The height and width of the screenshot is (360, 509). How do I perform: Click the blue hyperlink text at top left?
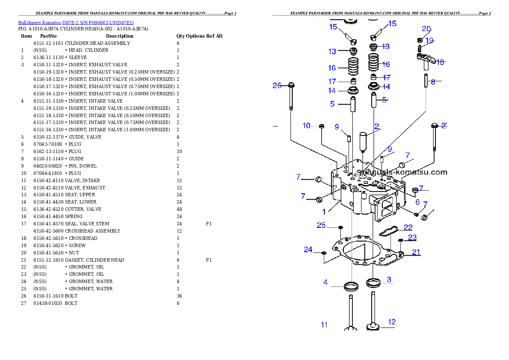76,23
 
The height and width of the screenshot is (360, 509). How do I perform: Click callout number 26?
277,86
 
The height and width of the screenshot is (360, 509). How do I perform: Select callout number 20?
426,29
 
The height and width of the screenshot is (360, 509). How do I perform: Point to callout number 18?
440,62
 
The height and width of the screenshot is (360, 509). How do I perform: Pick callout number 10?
306,126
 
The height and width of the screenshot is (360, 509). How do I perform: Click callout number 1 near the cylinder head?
324,212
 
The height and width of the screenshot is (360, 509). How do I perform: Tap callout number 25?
321,225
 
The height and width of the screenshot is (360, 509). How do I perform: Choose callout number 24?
308,250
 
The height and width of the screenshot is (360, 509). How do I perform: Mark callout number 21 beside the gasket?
416,252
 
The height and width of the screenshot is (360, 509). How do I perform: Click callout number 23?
412,237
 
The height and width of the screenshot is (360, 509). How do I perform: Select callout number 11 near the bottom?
324,325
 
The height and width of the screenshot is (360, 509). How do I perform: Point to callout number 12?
392,322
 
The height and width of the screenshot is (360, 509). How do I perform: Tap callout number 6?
417,202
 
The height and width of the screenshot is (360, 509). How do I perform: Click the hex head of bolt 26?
291,85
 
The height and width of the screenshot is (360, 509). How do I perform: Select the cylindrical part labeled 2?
364,141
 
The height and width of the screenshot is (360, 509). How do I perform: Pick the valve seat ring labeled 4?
351,286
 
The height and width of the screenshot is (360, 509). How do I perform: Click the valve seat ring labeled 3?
373,283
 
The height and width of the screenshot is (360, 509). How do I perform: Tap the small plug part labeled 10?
322,126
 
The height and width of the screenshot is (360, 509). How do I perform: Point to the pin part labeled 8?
426,81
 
